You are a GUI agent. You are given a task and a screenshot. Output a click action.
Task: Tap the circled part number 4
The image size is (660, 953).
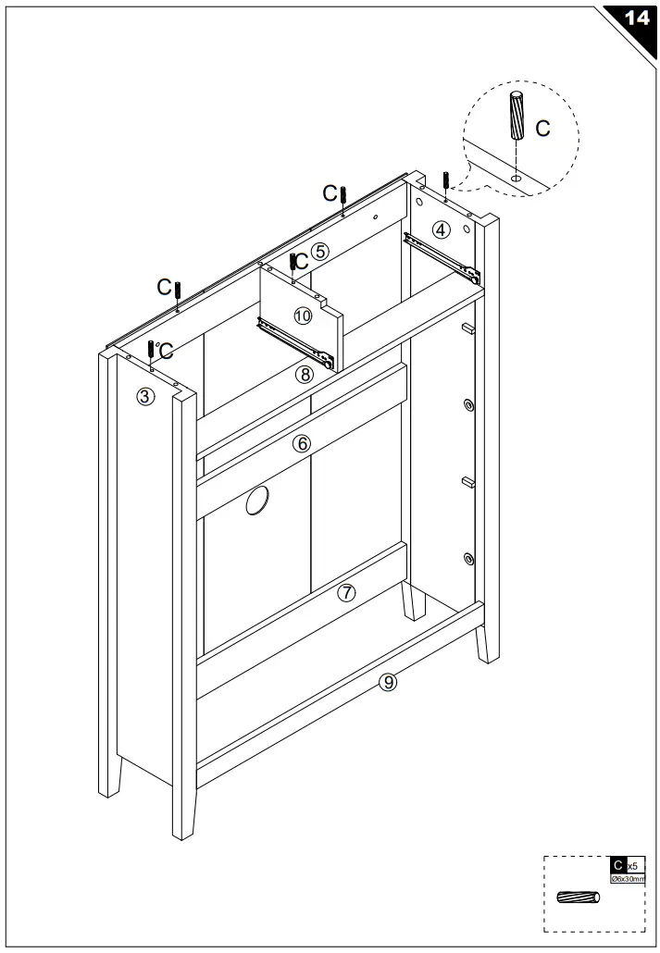(442, 229)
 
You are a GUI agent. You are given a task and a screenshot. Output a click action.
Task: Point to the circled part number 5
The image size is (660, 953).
(319, 251)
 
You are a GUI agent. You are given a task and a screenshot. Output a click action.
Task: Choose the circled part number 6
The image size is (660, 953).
(301, 443)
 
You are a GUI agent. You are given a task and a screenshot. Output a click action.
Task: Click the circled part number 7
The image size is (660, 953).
(346, 593)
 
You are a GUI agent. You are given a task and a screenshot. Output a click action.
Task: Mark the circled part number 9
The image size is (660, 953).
(389, 682)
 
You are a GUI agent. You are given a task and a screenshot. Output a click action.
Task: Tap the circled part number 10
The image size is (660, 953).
(303, 316)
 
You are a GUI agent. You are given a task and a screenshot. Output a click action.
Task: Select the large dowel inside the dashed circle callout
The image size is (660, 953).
(517, 114)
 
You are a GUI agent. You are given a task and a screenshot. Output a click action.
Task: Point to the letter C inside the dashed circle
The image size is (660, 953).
(543, 129)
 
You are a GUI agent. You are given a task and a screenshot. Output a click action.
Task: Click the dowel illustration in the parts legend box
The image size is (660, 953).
(578, 897)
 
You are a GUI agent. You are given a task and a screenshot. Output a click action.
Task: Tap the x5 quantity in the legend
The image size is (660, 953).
(631, 865)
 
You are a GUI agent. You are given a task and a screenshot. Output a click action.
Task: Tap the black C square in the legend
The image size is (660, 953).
(617, 864)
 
